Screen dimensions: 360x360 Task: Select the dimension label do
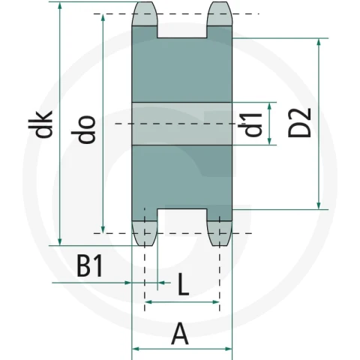click(x=83, y=130)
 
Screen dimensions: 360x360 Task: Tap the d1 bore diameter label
click(x=250, y=124)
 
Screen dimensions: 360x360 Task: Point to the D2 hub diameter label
click(x=299, y=122)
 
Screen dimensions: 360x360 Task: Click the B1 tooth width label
click(x=90, y=265)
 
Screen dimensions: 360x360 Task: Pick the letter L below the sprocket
click(x=183, y=284)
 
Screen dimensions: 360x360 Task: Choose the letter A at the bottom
click(x=180, y=334)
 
